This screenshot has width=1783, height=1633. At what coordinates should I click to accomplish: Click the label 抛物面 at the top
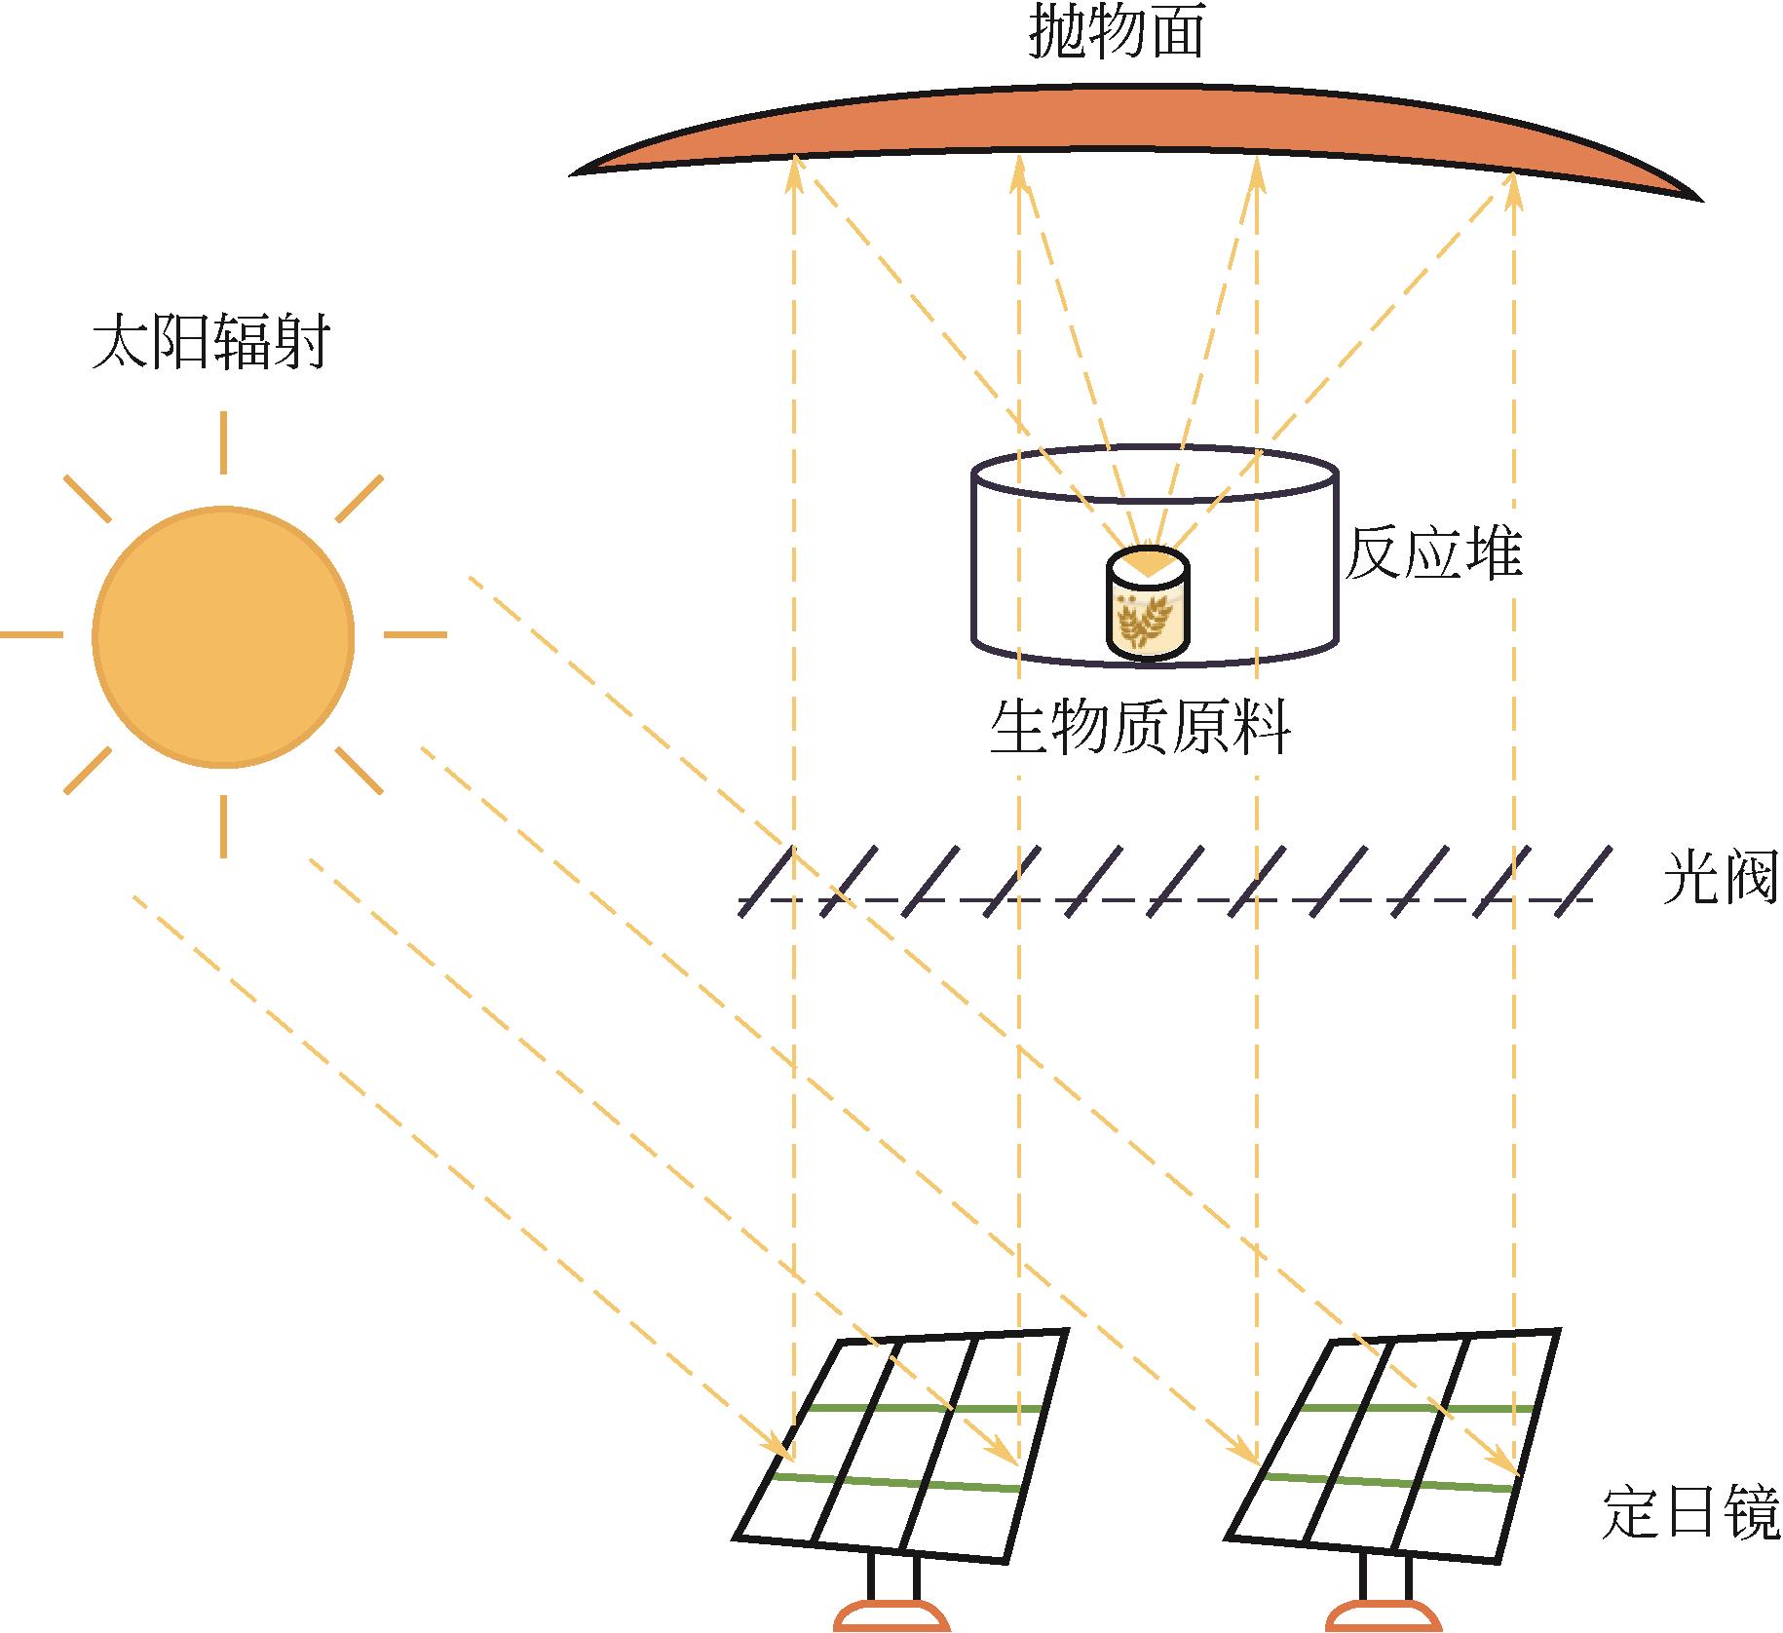point(1117,33)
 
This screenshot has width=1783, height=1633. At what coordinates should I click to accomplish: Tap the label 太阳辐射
point(210,342)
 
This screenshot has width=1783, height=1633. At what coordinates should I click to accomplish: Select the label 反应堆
point(1432,554)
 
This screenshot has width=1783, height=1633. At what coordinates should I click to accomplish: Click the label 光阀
point(1719,878)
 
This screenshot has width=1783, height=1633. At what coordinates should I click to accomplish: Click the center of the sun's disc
point(223,636)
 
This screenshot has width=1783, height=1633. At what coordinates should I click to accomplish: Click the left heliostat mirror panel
point(901,1444)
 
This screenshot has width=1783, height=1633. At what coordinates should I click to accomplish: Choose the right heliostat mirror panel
point(1393,1444)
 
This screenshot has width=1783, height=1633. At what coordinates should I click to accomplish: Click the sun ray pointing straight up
point(223,442)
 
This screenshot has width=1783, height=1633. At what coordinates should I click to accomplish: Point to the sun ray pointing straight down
point(223,826)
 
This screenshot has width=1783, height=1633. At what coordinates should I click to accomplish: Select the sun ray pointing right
point(415,635)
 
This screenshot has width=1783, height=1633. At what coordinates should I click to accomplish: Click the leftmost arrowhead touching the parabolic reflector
point(795,172)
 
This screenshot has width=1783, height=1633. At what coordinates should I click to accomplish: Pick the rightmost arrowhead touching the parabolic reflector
point(1513,190)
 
